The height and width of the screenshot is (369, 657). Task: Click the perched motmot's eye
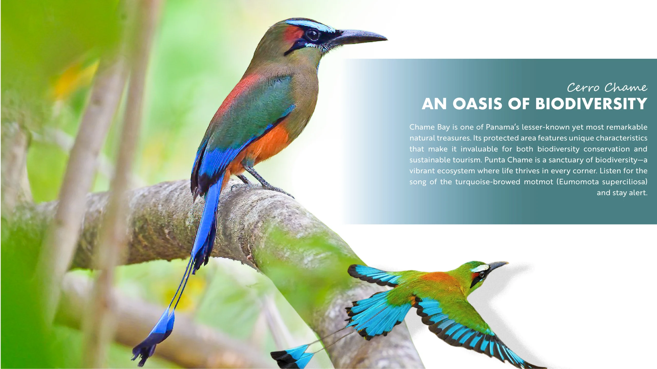pos(312,35)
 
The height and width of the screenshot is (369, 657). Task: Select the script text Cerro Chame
pos(607,88)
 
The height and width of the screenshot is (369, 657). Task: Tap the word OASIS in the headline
pos(477,104)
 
